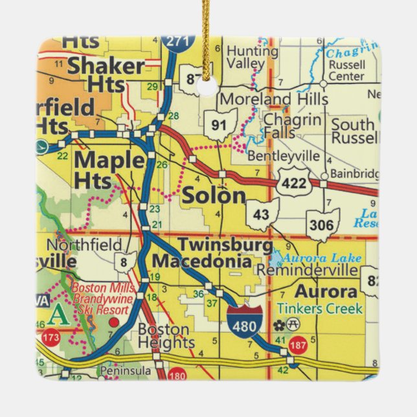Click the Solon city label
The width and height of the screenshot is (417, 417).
point(214,196)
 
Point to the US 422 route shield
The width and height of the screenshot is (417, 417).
point(294,183)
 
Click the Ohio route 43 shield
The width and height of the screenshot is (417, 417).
point(262,214)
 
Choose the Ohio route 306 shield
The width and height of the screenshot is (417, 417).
point(322,224)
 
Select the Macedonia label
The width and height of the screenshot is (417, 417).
point(201,262)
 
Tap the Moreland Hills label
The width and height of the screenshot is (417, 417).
point(274,99)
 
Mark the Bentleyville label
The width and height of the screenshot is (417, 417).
point(283,156)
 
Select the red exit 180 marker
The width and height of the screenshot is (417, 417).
point(177,374)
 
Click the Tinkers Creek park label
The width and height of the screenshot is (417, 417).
point(319,308)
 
